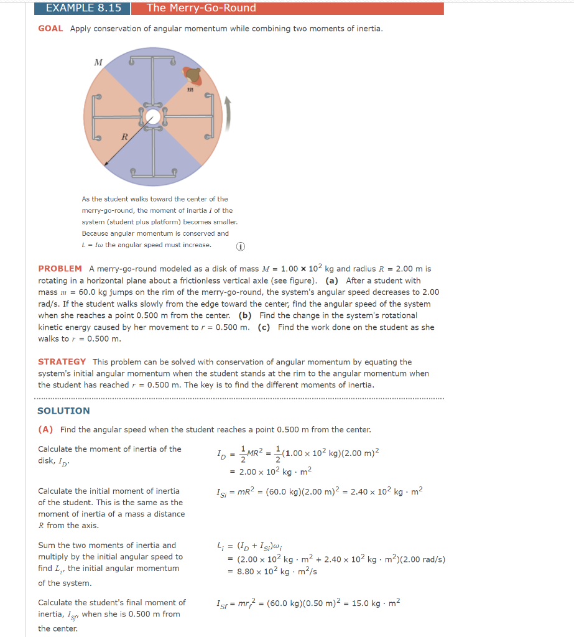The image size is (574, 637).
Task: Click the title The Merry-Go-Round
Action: [201, 8]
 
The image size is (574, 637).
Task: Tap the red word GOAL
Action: [50, 29]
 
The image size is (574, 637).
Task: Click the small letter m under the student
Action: [190, 90]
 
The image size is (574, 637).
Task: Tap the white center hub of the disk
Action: [152, 116]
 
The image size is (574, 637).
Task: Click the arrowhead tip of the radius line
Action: [106, 165]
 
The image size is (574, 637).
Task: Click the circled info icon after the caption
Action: [240, 246]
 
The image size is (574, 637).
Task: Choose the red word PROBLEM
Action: [60, 269]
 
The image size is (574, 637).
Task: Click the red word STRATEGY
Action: [62, 362]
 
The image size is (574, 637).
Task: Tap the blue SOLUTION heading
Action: [63, 411]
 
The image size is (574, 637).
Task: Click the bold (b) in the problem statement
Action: [245, 315]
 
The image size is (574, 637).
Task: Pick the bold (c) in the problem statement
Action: [264, 327]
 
